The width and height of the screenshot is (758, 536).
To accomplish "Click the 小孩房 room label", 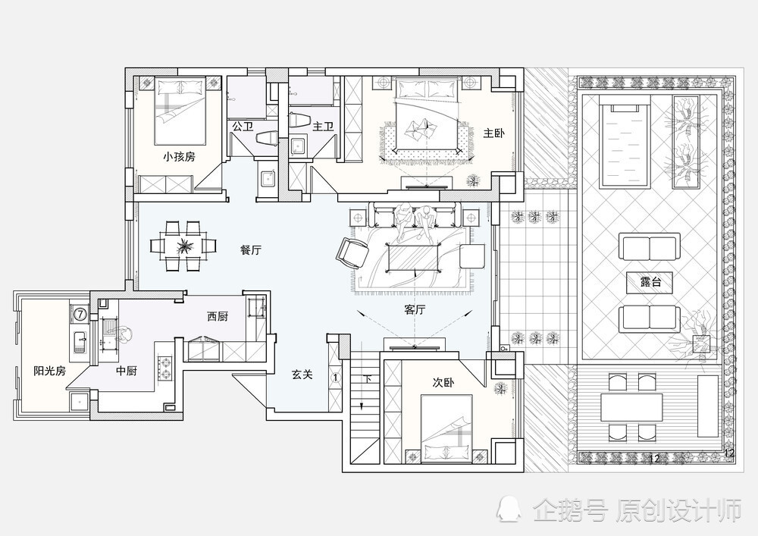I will [180, 157].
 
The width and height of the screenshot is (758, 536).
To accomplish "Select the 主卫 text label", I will [323, 127].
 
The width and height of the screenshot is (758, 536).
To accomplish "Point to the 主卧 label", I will [494, 133].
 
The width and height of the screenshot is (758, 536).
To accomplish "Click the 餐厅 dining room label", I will [250, 250].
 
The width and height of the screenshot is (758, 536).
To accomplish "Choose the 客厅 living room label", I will [415, 309].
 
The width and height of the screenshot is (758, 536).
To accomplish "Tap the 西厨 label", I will [218, 317].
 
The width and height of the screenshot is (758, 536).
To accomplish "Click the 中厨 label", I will [126, 371].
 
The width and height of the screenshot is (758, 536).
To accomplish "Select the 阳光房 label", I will [50, 371].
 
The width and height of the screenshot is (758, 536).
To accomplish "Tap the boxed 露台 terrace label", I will [650, 282].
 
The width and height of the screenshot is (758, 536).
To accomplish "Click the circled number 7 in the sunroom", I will [80, 312].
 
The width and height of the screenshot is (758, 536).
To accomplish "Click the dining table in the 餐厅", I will [183, 246].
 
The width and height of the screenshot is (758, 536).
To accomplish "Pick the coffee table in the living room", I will [415, 256].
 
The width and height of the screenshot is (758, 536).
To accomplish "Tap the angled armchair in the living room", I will [352, 252].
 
